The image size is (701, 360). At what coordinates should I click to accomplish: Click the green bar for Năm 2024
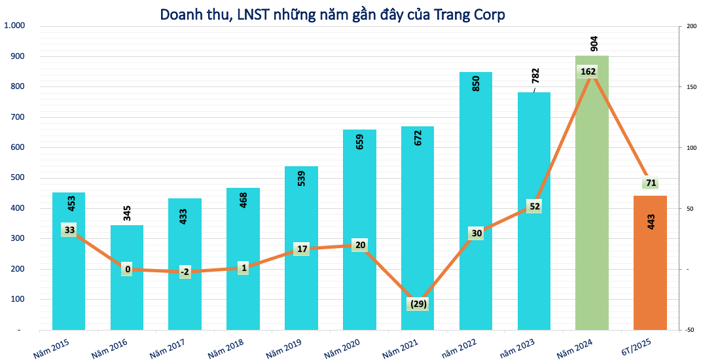[x=592, y=196]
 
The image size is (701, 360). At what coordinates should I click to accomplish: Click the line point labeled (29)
[x=418, y=304]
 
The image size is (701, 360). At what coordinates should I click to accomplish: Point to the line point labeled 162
[x=588, y=71]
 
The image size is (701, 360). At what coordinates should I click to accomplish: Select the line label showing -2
[x=185, y=272]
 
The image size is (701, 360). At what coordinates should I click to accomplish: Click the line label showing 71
[x=651, y=183]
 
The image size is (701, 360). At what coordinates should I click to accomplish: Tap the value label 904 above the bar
[x=594, y=44]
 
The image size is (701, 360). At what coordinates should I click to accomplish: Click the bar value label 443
[x=651, y=221]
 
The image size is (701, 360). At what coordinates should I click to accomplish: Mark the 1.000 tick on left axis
[x=14, y=26]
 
